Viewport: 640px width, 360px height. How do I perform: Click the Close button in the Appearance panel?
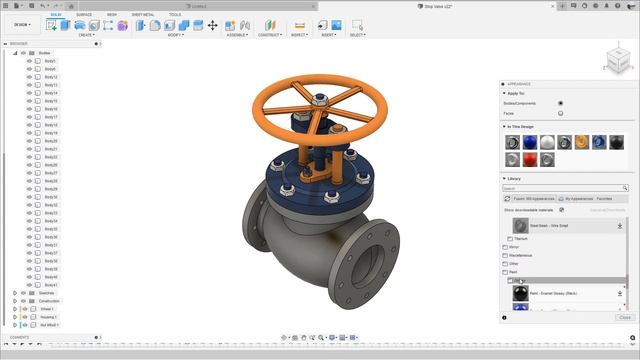click(x=624, y=317)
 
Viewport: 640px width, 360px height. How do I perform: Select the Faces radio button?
click(x=560, y=113)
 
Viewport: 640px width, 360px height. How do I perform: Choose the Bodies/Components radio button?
click(x=560, y=103)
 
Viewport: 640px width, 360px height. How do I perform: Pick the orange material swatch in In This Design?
click(x=582, y=142)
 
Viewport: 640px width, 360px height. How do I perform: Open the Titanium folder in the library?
click(x=520, y=239)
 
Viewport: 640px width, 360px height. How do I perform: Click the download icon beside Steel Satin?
click(x=620, y=226)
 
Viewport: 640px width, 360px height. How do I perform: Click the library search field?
click(x=565, y=188)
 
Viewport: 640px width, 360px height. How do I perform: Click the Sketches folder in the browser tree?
click(x=47, y=293)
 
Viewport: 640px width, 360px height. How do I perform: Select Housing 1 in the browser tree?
click(x=48, y=317)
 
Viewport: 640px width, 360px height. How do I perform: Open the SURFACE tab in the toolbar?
click(x=84, y=15)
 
